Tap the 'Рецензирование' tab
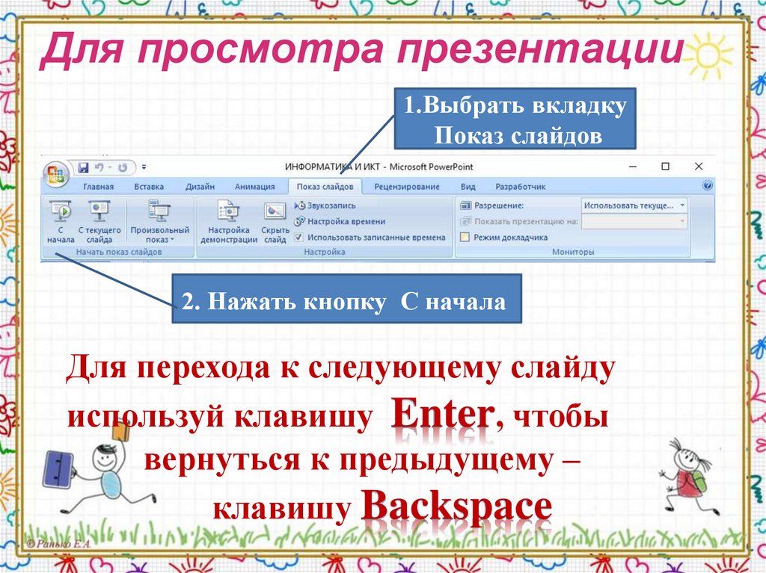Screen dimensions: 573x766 coord(406,187)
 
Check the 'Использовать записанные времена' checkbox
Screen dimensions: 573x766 coord(300,238)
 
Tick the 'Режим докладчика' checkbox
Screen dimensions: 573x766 coord(465,238)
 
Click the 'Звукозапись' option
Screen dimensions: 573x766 coord(325,205)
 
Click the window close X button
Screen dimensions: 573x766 coord(698,167)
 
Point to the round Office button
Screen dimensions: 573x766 coord(55,173)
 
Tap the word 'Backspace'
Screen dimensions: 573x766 coord(456,507)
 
